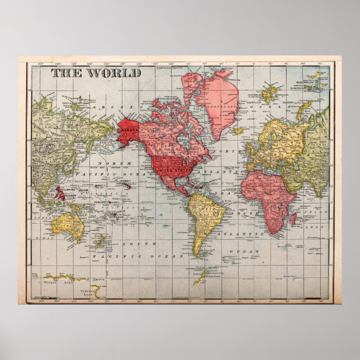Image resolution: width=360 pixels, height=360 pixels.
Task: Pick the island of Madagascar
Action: point(292,219)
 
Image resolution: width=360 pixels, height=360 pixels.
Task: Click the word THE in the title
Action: point(66,73)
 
